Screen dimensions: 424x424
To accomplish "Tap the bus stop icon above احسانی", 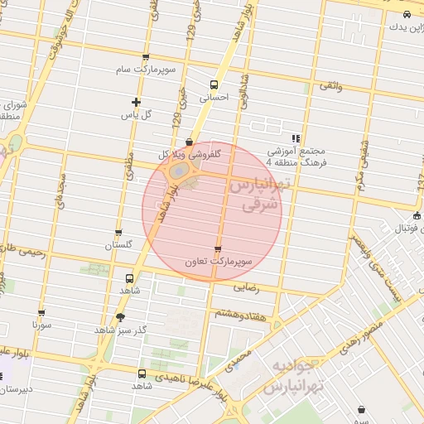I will tap(214, 85).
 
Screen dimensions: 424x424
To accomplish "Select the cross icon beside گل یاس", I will tap(136, 103).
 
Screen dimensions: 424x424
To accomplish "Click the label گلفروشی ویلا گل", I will tap(190, 155).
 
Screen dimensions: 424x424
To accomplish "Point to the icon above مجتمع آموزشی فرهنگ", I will tap(296, 138).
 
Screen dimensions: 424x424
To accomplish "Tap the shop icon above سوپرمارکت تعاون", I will tap(218, 249).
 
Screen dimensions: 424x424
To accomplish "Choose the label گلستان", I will tap(118, 246).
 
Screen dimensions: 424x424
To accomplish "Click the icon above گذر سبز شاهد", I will tap(121, 317).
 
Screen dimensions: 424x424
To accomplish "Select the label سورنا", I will tap(41, 326).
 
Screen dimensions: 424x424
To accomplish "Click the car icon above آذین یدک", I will tap(406, 16).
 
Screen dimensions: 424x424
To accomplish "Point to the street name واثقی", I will tap(330, 85).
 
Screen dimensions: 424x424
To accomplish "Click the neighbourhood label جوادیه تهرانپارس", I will tap(291, 376).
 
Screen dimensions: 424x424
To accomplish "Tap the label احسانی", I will tap(214, 98).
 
